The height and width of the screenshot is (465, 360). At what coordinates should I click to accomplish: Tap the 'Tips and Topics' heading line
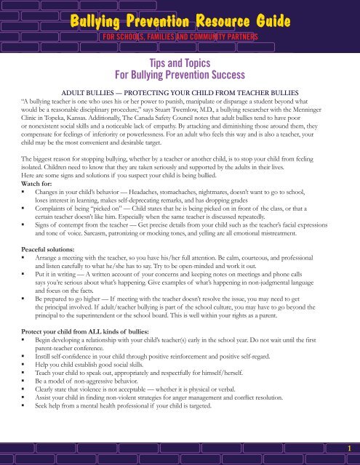pyautogui.click(x=180, y=64)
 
